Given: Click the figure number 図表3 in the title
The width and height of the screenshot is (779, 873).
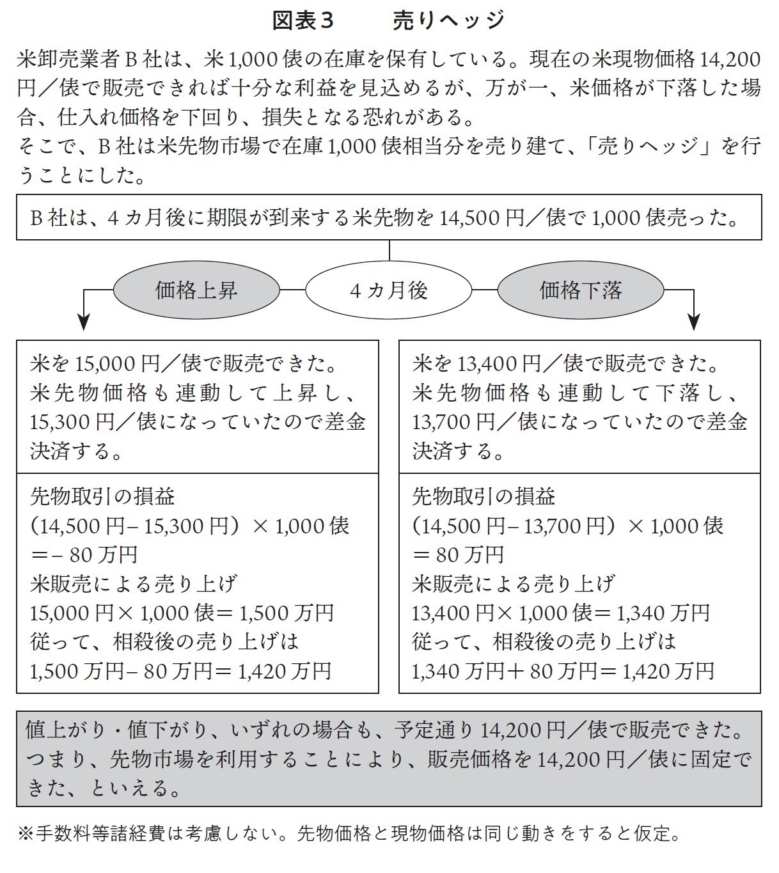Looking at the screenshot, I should point(303,20).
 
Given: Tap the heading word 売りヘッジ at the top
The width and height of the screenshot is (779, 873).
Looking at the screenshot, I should point(448,20).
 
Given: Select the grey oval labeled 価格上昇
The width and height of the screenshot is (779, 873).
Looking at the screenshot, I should point(196,291).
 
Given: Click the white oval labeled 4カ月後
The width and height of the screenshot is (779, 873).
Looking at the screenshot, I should point(389,291).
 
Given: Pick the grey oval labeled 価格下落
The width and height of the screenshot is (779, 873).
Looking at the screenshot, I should point(580,291).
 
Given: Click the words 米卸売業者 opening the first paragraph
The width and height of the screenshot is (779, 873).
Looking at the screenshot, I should point(67,59).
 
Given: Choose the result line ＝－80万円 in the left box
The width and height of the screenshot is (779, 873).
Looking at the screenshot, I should point(84,554).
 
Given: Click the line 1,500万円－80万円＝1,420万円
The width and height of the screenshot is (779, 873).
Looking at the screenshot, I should point(181,671).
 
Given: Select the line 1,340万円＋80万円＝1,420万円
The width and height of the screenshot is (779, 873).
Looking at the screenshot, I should point(563,671).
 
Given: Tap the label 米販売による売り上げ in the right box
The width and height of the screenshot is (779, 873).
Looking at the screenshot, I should point(514,583).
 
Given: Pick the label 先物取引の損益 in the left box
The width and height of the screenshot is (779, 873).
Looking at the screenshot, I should point(102,496).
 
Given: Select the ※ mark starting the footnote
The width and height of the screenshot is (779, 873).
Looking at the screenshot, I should point(26,833).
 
